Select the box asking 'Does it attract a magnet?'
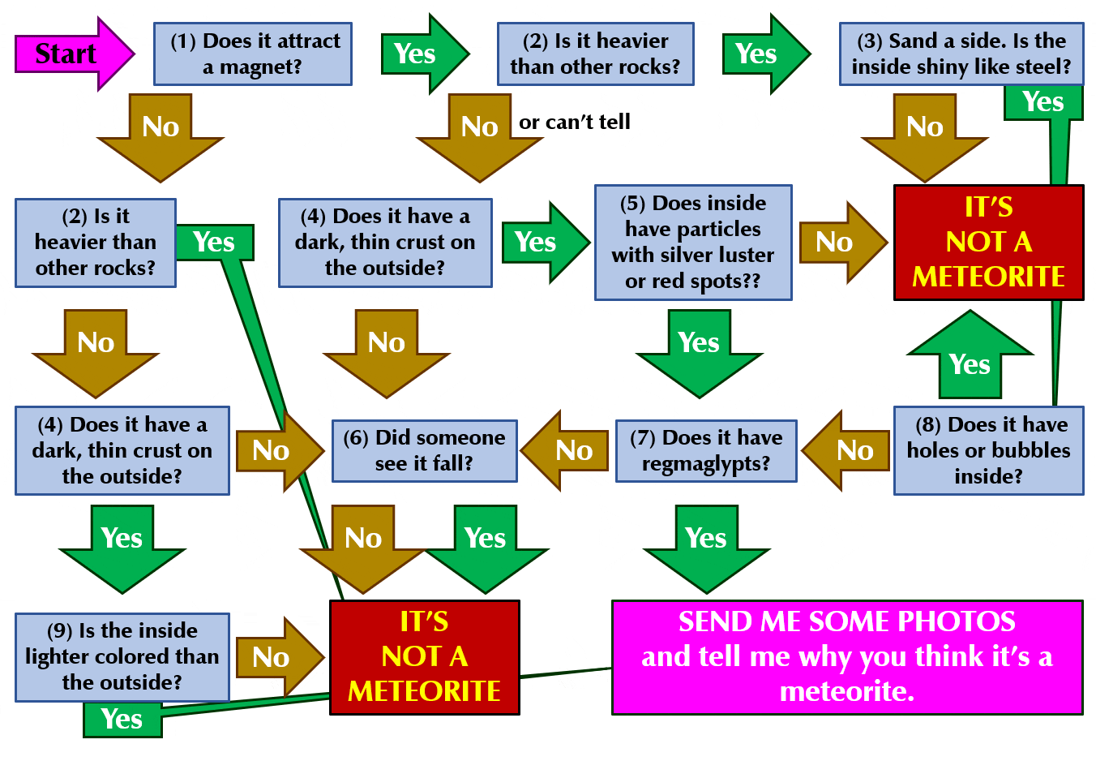point(253,54)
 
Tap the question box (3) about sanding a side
point(961,54)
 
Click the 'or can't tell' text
point(575,122)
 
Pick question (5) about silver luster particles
point(693,242)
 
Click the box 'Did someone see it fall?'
point(424,450)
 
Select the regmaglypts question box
point(706,450)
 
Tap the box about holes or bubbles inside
point(988,450)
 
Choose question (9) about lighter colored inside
point(122,656)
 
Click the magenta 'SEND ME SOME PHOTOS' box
point(847,656)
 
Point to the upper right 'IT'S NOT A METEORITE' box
point(988,242)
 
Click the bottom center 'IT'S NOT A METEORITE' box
point(424,656)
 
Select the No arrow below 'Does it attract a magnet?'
point(161,135)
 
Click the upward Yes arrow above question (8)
point(970,357)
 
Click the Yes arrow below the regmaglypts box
point(706,546)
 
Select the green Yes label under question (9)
point(122,720)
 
